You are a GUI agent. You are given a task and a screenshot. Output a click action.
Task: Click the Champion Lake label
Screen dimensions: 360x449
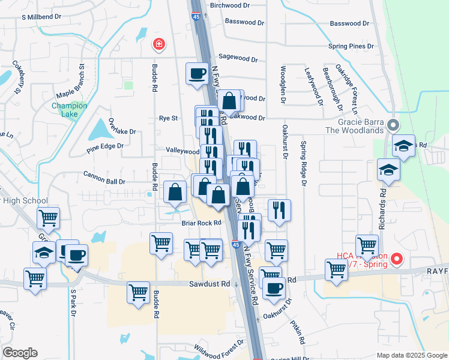point(69,110)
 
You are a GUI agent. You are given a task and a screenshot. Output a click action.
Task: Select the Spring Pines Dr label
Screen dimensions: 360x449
point(351,46)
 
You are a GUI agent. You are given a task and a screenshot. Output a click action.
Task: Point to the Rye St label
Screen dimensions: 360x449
point(168,118)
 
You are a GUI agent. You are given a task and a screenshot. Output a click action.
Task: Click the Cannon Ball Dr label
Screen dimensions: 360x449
point(104,181)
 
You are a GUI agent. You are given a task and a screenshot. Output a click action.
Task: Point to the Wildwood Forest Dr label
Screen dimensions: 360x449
point(219,347)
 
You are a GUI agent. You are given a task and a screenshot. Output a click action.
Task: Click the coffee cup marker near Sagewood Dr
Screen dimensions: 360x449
point(197,74)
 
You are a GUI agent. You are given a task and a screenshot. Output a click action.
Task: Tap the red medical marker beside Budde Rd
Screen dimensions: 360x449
point(158,43)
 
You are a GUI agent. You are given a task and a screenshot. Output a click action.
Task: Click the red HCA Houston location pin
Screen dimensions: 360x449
point(396,259)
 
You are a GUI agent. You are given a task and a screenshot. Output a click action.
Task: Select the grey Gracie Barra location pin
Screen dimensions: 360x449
point(393,126)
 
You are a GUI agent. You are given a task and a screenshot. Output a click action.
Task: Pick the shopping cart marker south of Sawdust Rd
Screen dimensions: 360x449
point(138,293)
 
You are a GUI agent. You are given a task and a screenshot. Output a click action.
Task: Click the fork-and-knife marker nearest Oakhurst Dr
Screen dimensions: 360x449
point(279,210)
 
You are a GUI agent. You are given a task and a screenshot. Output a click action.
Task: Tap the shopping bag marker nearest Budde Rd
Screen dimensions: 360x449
point(175,192)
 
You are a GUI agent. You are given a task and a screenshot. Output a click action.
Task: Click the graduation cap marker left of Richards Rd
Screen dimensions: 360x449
point(388,170)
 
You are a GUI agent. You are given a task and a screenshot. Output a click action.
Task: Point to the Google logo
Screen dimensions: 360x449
point(20,353)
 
